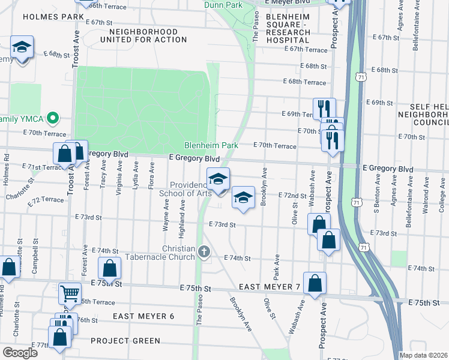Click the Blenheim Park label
click(x=211, y=145)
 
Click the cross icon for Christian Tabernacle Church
click(x=204, y=251)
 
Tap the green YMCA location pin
click(x=52, y=118)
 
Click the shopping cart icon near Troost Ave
click(x=70, y=293)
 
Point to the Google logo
click(x=20, y=353)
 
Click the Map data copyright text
click(x=424, y=355)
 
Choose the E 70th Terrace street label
click(x=274, y=145)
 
